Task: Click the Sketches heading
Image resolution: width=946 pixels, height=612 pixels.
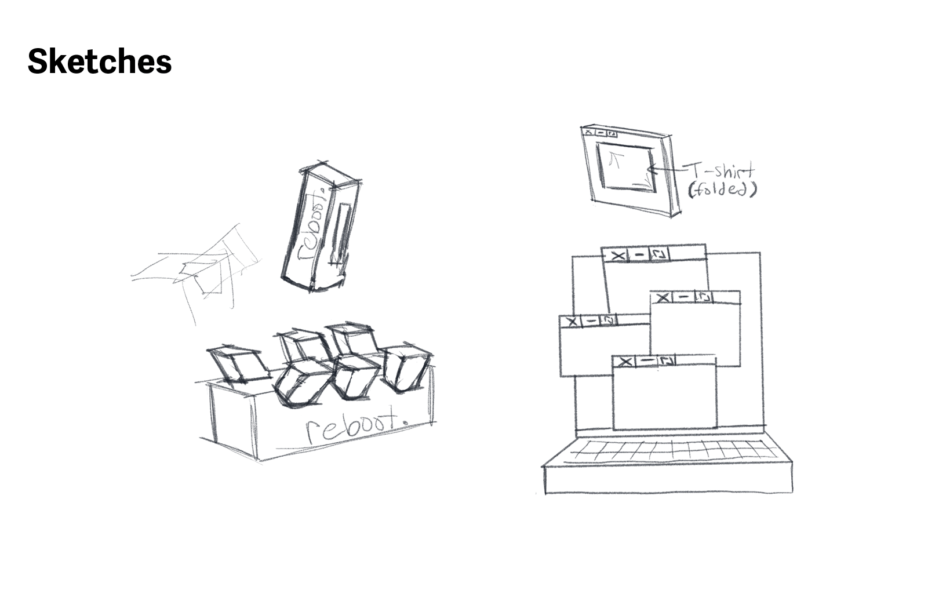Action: tap(100, 61)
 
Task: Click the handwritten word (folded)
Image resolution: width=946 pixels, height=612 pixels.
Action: tap(722, 190)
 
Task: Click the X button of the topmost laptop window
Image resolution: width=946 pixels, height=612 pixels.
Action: tap(618, 256)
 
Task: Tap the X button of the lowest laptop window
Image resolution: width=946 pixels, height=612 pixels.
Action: tap(625, 362)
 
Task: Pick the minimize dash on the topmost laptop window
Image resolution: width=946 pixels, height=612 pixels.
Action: tap(639, 255)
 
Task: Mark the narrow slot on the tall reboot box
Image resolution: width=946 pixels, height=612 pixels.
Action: tap(343, 232)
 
